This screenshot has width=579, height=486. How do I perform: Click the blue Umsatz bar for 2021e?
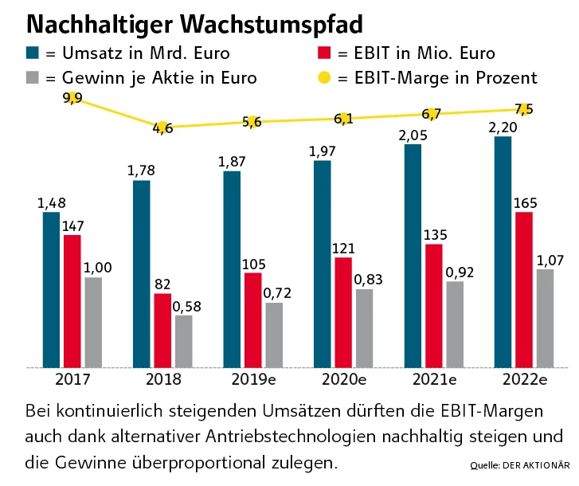[x=412, y=256]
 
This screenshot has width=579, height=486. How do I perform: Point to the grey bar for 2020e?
[x=363, y=327]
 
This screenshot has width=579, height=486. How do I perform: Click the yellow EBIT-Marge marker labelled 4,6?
[x=162, y=127]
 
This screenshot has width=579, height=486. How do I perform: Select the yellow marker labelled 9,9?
[x=72, y=98]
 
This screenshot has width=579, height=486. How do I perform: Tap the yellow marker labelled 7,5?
[x=522, y=109]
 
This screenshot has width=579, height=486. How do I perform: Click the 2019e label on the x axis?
[x=253, y=379]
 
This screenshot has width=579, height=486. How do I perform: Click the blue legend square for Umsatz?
[x=33, y=53]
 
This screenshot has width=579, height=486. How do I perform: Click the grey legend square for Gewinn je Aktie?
[x=33, y=78]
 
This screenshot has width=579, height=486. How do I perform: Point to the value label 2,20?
[x=502, y=127]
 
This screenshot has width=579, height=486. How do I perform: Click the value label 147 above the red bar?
[x=72, y=225]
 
